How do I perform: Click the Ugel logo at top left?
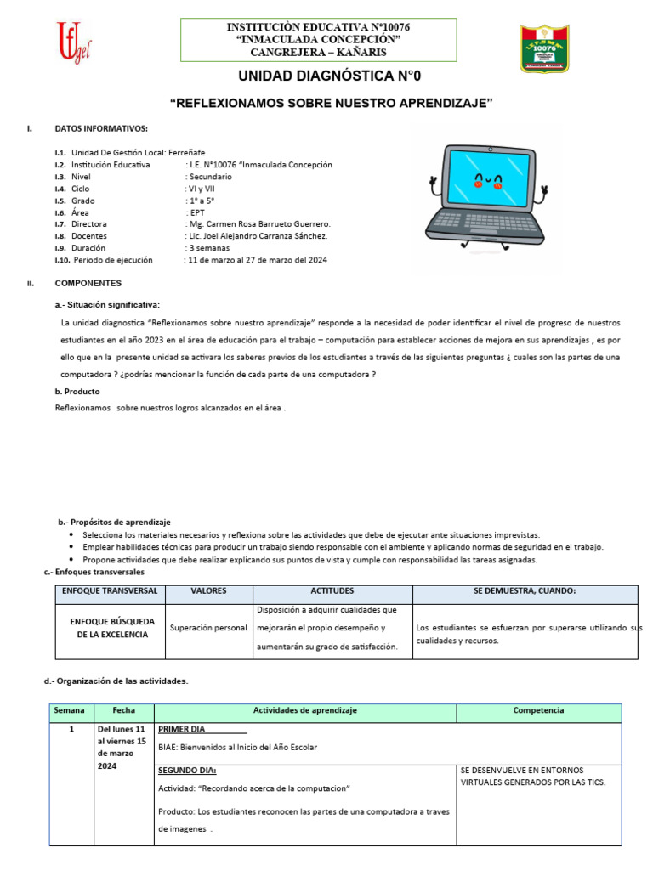click(73, 42)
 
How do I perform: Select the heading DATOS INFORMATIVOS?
click(101, 128)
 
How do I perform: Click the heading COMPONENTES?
click(88, 283)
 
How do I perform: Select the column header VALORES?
click(207, 590)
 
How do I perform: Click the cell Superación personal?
click(208, 628)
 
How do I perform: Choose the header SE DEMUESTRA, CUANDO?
click(525, 590)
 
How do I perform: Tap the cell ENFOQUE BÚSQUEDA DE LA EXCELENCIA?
click(108, 628)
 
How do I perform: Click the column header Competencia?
click(538, 709)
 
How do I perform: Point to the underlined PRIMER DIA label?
click(181, 729)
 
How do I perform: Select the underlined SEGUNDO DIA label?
click(187, 771)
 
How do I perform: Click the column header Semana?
click(70, 709)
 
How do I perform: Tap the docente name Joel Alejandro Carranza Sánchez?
click(257, 236)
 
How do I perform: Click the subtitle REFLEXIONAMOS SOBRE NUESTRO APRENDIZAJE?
click(332, 103)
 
